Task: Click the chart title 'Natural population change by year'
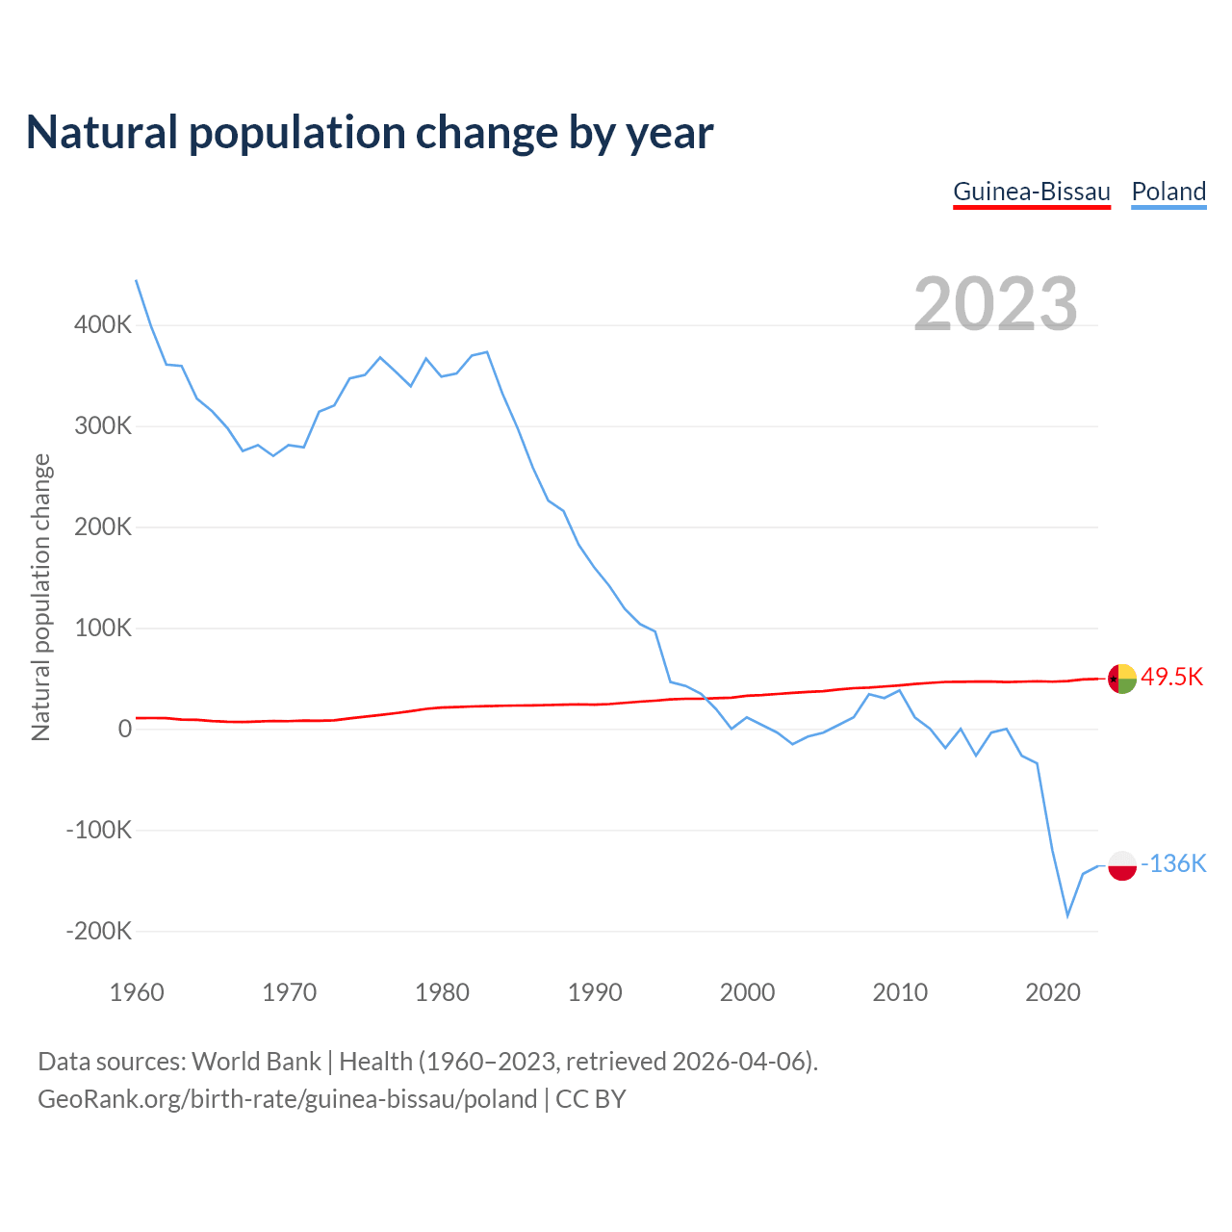(x=370, y=133)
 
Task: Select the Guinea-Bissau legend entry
(x=1032, y=192)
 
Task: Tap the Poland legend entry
(x=1168, y=192)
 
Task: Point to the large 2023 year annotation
(x=995, y=304)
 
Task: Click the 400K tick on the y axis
(x=103, y=324)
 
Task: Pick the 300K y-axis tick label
(x=103, y=425)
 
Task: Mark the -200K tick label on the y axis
(x=99, y=931)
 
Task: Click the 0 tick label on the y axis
(x=124, y=729)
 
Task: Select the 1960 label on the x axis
(x=137, y=992)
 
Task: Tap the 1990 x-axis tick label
(x=595, y=992)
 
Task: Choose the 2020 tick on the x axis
(x=1053, y=992)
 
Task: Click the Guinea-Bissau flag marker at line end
(x=1122, y=679)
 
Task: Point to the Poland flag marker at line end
(x=1122, y=865)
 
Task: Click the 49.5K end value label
(x=1171, y=677)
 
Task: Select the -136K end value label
(x=1173, y=863)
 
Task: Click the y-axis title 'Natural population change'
(x=41, y=598)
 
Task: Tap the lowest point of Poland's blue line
(x=1067, y=915)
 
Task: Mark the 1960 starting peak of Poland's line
(x=137, y=281)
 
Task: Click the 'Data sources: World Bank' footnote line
(x=428, y=1061)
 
